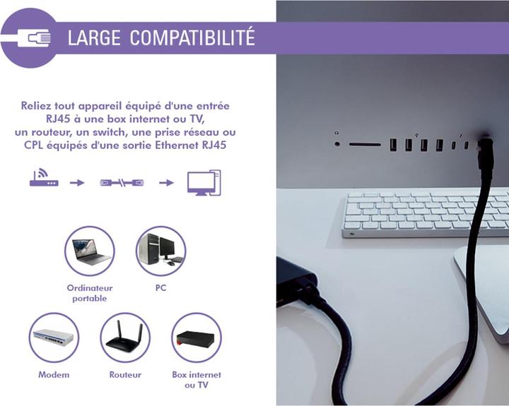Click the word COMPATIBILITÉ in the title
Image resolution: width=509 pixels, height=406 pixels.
coord(192,38)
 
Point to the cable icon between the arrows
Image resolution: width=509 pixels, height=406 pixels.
coord(121,182)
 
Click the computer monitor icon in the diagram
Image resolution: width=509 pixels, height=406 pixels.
coord(204,182)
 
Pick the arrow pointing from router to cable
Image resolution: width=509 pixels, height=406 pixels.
coord(77,182)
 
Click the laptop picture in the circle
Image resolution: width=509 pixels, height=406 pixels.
coord(89,251)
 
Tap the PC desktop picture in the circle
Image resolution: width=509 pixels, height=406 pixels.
coord(160,251)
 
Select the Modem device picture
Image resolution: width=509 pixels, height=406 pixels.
coord(54,338)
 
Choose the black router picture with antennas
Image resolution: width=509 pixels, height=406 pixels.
coord(125,338)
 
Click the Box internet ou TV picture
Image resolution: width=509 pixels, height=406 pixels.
coord(196,338)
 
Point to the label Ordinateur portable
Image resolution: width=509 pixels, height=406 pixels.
coord(89,293)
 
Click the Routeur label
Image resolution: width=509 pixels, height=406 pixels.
coord(125,375)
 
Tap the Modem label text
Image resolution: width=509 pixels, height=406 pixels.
coord(54,375)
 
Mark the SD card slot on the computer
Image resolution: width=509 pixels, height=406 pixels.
coord(365,144)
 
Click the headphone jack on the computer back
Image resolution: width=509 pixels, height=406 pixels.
coord(337,144)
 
